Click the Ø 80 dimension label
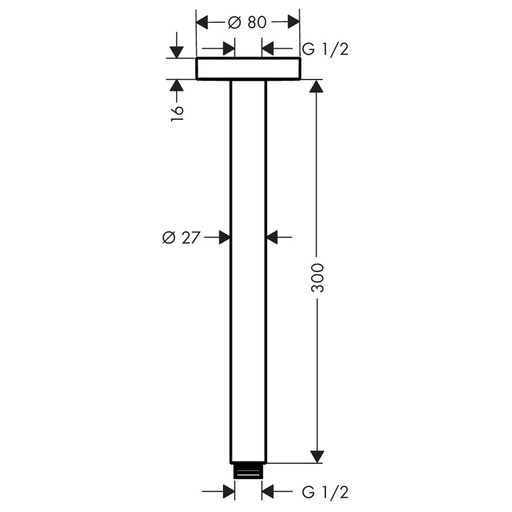tap(247, 23)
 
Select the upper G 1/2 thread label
tap(325, 49)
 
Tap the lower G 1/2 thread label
tap(325, 492)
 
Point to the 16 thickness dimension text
tap(177, 113)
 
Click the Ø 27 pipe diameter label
tap(181, 238)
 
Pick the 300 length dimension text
tap(317, 278)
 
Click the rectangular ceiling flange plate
tap(248, 69)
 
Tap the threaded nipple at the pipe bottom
tap(248, 471)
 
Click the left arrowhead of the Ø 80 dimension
tap(202, 22)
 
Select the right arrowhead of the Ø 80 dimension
tap(293, 22)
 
